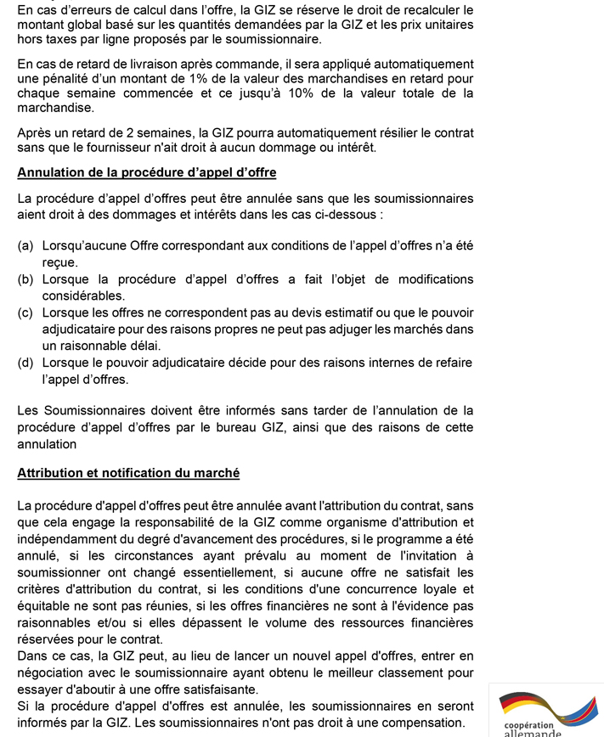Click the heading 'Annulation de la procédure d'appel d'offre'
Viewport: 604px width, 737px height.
[x=146, y=172]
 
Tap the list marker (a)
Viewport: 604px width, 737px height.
[x=25, y=246]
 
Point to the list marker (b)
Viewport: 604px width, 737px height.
[x=25, y=279]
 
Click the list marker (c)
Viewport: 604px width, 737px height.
[x=25, y=312]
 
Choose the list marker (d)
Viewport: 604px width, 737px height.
[x=25, y=363]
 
